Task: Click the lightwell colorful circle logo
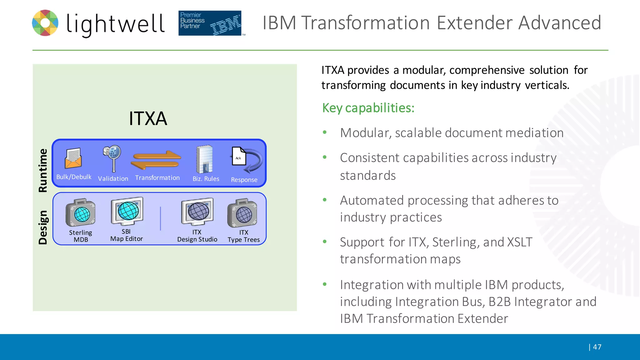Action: [x=45, y=23]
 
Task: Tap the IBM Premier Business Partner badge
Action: [x=210, y=23]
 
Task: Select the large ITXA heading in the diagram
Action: [x=148, y=118]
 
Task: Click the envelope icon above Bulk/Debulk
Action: [x=73, y=158]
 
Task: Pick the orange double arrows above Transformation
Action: [x=156, y=160]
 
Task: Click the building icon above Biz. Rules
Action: [x=205, y=159]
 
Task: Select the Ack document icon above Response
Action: [x=239, y=156]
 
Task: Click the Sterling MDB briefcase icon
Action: [x=81, y=213]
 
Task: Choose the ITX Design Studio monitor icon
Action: [x=197, y=212]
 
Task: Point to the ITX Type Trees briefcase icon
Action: [x=242, y=213]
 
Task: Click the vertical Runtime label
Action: [x=43, y=170]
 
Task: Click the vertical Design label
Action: [x=43, y=227]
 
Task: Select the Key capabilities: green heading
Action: [x=368, y=108]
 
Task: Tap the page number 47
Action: [x=597, y=347]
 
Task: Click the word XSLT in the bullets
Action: [x=519, y=242]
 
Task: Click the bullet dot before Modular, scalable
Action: [x=325, y=132]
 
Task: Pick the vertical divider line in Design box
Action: [x=161, y=218]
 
